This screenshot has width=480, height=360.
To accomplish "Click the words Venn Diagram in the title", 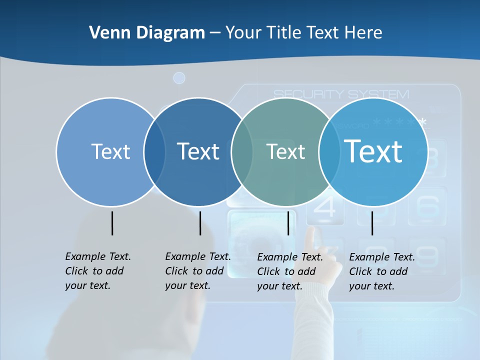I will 147,33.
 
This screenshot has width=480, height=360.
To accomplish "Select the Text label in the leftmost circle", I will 110,151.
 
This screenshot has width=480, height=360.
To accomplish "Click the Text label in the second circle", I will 198,151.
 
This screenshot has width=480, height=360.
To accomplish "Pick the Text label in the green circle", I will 285,151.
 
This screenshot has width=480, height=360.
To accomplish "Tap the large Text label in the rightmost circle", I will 373,151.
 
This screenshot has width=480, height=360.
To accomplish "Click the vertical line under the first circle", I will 112,223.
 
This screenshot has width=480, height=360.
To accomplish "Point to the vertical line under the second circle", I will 200,223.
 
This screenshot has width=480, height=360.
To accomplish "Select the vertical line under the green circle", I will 288,223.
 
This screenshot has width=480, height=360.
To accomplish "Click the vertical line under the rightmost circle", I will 372,223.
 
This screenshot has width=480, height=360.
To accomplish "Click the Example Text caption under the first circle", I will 97,271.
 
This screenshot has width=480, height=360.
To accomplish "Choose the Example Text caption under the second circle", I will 197,271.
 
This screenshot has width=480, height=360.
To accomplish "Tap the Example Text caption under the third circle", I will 289,271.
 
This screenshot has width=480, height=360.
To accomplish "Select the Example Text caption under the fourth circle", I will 381,271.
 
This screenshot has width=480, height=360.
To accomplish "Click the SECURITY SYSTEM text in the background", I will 341,94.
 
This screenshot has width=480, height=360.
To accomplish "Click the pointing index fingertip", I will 312,231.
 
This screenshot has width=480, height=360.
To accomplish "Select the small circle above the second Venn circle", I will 179,78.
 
